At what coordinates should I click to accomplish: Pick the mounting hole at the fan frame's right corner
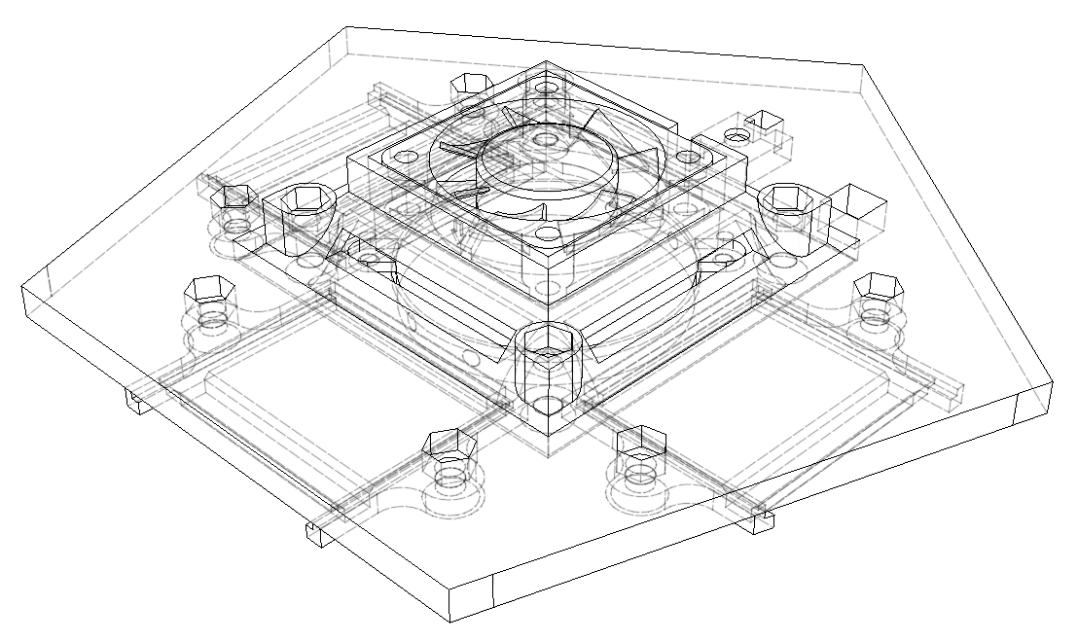(697, 155)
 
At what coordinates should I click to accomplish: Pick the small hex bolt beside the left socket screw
(234, 197)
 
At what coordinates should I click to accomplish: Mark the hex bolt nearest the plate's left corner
(206, 289)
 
